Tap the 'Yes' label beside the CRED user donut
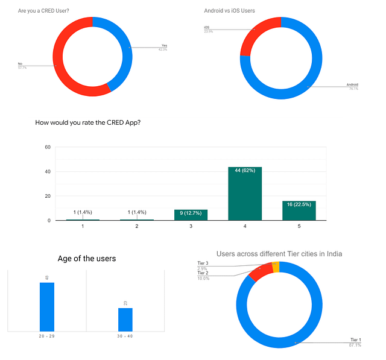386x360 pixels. coord(163,45)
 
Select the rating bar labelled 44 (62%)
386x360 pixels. coord(245,194)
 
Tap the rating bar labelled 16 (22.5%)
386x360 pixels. coord(299,210)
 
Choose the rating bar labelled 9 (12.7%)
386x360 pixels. coord(191,215)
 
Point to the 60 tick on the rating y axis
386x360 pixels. coord(47,147)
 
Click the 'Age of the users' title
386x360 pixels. coord(87,259)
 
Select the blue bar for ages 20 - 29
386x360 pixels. coord(47,306)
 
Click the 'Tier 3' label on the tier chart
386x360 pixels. coord(203,264)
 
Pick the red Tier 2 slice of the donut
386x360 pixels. coord(261,273)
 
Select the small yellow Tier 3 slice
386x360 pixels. coord(276,267)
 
